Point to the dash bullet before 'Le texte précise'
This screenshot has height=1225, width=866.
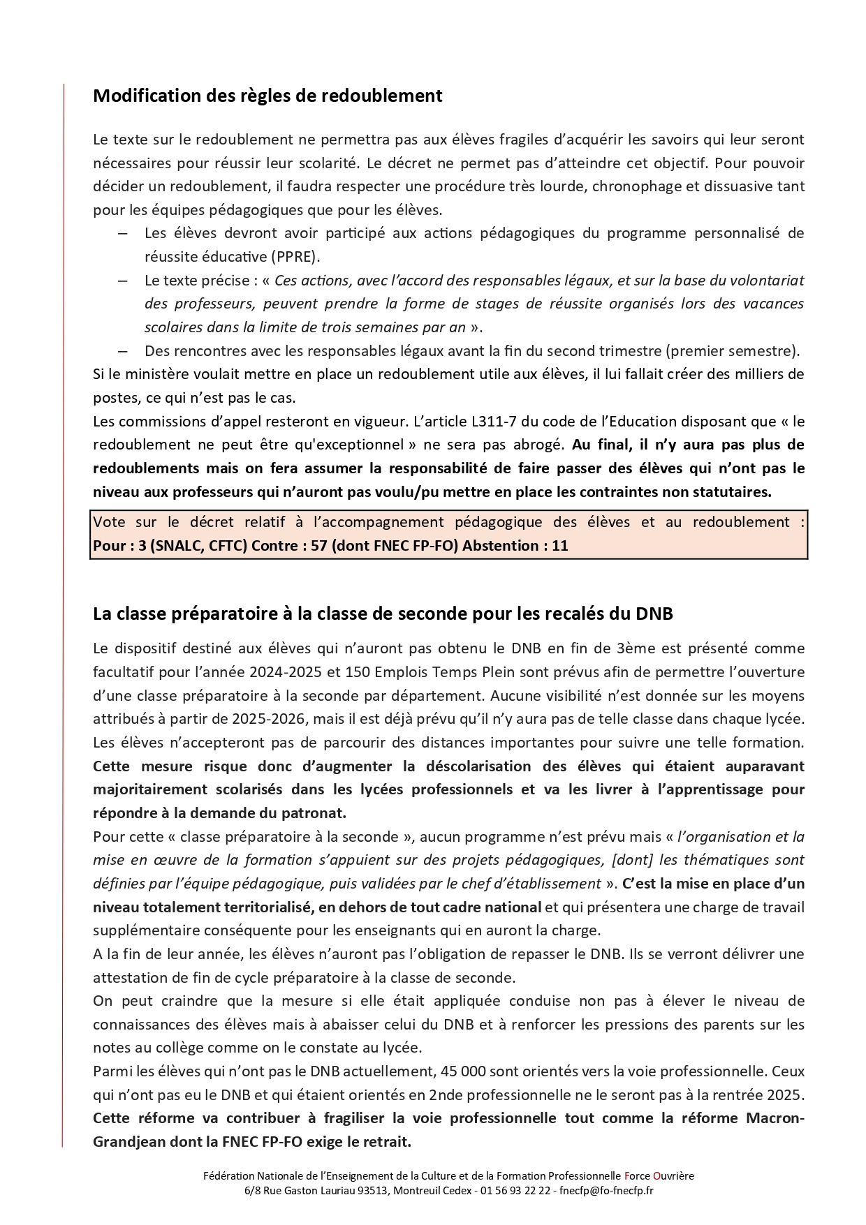(123, 280)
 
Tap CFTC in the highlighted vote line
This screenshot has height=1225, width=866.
(228, 545)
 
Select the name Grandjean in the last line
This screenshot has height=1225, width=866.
(126, 1141)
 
